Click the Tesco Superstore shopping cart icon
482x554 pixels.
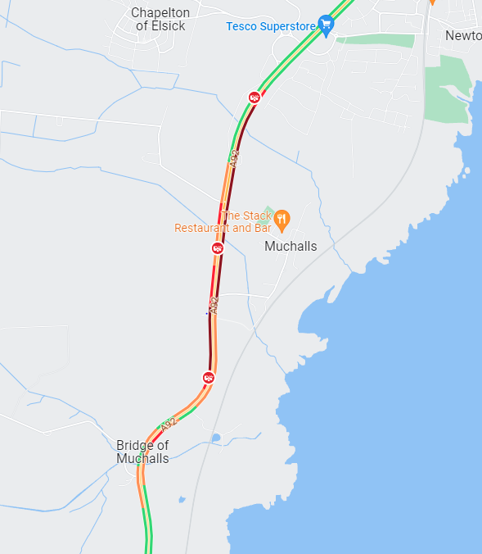pos(327,25)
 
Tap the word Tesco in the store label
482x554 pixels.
pos(242,26)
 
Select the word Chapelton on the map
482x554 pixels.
pos(160,12)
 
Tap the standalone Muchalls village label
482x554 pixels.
pos(291,246)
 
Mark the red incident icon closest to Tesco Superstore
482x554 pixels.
pos(254,98)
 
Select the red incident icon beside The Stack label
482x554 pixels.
pos(218,247)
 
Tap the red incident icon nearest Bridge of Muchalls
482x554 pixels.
pos(209,377)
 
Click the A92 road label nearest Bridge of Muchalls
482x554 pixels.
pos(169,425)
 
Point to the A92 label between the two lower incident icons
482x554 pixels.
pos(214,307)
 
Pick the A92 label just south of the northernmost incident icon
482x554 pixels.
pos(234,158)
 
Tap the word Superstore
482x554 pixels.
pos(290,26)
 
